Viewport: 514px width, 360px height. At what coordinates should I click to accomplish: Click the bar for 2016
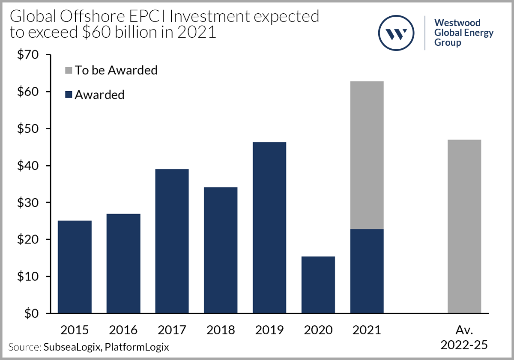point(123,263)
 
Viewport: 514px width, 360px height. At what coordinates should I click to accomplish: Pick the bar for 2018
point(221,250)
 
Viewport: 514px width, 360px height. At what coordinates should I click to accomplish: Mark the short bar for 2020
point(318,285)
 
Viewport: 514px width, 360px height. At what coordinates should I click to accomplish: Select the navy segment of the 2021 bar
point(367,271)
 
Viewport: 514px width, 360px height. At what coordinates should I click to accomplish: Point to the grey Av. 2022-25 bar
point(464,226)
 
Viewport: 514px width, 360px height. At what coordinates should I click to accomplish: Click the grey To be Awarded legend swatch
point(68,70)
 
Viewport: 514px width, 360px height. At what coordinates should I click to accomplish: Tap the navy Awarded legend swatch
point(68,95)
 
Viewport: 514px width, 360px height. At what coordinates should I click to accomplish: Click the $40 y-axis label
point(27,166)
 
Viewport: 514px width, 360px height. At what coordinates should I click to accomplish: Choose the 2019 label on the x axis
point(269,330)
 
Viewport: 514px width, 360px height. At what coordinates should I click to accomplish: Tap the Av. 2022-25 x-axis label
point(464,337)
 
